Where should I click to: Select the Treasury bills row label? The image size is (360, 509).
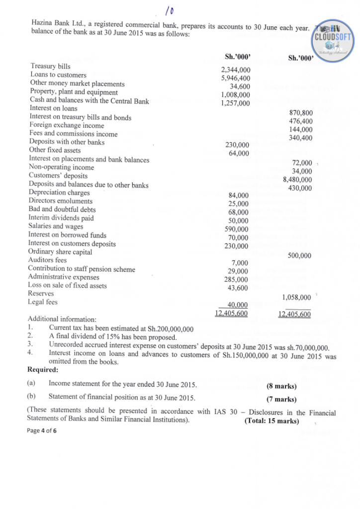pyautogui.click(x=50, y=66)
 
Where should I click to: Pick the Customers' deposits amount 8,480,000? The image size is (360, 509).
pyautogui.click(x=297, y=179)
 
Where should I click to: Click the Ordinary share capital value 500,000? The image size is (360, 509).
pyautogui.click(x=299, y=255)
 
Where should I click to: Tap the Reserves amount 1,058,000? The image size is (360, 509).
pyautogui.click(x=297, y=297)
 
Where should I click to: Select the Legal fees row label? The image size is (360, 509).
pyautogui.click(x=43, y=302)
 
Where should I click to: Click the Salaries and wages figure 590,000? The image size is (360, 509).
pyautogui.click(x=237, y=229)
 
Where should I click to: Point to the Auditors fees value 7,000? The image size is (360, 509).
pyautogui.click(x=240, y=262)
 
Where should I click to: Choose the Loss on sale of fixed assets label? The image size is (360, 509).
pyautogui.click(x=67, y=285)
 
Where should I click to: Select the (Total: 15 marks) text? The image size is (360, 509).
pyautogui.click(x=271, y=421)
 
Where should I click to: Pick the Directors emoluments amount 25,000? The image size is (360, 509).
pyautogui.click(x=238, y=204)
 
